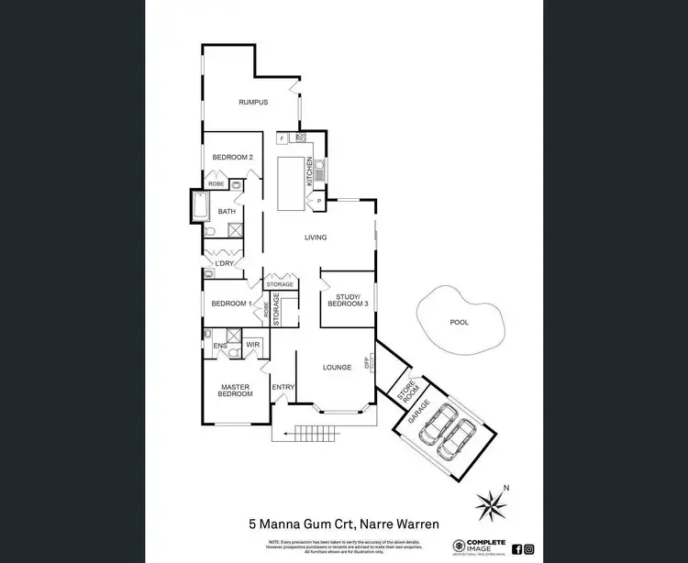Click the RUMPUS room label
(x=252, y=103)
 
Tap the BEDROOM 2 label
(x=232, y=158)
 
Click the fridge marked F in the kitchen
(x=282, y=138)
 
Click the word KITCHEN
(x=310, y=170)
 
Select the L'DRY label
(x=225, y=264)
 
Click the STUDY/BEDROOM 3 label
(x=347, y=299)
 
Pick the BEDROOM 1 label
(x=230, y=304)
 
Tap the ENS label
(x=220, y=346)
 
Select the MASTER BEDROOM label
(x=235, y=389)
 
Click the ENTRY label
(x=283, y=387)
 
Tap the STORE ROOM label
(x=406, y=390)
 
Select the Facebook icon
(x=516, y=549)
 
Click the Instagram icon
(x=529, y=549)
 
